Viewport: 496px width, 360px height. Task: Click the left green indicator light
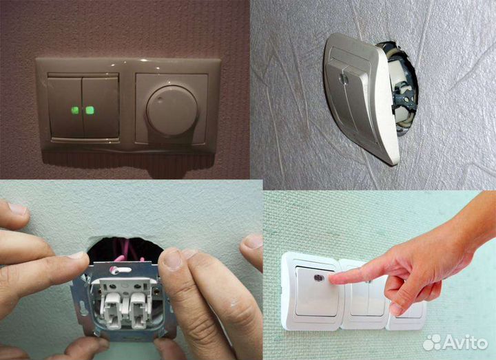(x=75, y=111)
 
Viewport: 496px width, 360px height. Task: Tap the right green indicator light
(x=90, y=110)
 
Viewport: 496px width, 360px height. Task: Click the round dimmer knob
(x=172, y=107)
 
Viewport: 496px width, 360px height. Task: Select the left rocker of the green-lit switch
(x=66, y=107)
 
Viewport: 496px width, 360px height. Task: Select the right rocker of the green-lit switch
(x=101, y=107)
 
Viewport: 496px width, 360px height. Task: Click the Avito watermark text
(x=464, y=342)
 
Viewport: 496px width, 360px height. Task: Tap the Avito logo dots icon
(x=432, y=342)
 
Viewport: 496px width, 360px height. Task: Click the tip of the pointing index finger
(x=331, y=279)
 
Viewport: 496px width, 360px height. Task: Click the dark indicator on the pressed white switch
(x=318, y=278)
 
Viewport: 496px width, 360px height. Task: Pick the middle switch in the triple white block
(x=366, y=295)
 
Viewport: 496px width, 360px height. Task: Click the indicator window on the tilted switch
(x=342, y=78)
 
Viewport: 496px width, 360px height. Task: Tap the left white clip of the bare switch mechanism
(x=112, y=310)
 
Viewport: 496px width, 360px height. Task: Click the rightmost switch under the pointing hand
(x=407, y=314)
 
